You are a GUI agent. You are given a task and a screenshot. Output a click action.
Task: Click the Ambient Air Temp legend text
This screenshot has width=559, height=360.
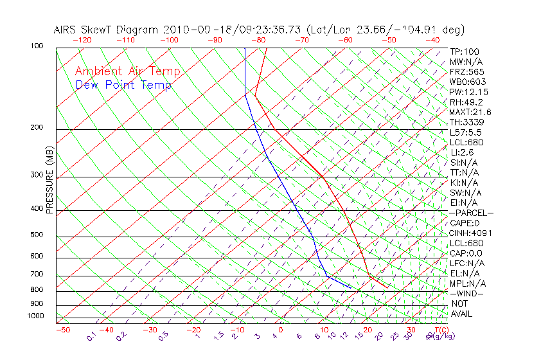point(127,72)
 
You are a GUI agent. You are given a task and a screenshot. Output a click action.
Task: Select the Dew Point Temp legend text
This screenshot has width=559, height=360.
point(123,85)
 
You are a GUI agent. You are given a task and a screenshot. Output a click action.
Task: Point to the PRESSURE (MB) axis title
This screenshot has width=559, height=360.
point(49,183)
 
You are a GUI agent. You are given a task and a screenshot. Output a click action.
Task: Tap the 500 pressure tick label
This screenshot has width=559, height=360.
point(36,235)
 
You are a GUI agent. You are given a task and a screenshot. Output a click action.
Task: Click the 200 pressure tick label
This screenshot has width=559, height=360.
point(36,128)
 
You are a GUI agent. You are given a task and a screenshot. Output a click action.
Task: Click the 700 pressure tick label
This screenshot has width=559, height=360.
point(36,274)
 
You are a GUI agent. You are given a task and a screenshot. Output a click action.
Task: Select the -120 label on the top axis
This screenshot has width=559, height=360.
point(82,40)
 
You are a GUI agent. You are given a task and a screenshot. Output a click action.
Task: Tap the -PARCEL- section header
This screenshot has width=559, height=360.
point(472,213)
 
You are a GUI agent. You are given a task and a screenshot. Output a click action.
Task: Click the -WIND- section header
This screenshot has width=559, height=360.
point(467,293)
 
